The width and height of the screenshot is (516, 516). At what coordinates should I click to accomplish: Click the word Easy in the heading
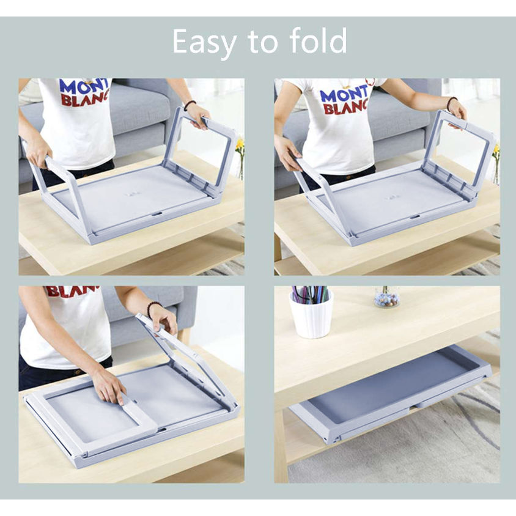[204, 42]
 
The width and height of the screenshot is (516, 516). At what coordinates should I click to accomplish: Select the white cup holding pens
[311, 317]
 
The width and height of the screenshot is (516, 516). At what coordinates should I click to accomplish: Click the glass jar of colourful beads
[386, 298]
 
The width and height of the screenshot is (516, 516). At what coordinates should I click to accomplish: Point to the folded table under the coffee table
[391, 391]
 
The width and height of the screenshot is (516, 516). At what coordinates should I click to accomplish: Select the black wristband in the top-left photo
[190, 105]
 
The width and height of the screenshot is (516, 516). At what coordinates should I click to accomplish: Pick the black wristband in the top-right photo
[451, 103]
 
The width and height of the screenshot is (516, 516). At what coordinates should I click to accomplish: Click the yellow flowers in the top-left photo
[240, 147]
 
